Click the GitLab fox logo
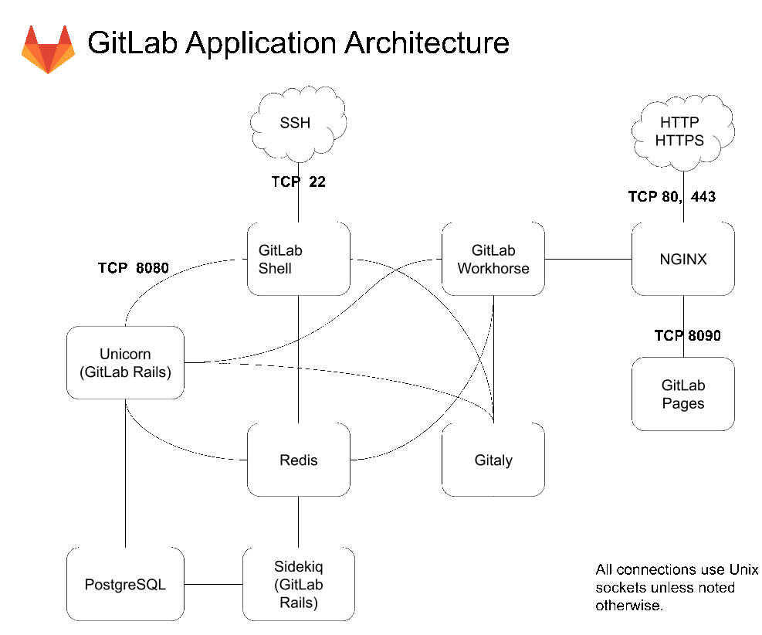[x=48, y=48]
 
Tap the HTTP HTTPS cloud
[x=679, y=132]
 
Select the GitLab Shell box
[x=298, y=259]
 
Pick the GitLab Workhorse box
[x=493, y=259]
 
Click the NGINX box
[x=683, y=259]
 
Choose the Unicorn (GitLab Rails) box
[x=125, y=362]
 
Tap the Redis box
[x=298, y=460]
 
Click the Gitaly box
[x=493, y=460]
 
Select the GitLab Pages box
[x=683, y=393]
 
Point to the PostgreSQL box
[x=125, y=583]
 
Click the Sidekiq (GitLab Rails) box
[x=298, y=583]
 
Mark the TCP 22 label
[x=298, y=182]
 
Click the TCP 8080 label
[x=133, y=268]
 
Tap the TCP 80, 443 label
[x=672, y=197]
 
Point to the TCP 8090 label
[x=688, y=335]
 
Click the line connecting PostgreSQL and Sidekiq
[x=213, y=584]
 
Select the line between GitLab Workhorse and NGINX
[x=588, y=259]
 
